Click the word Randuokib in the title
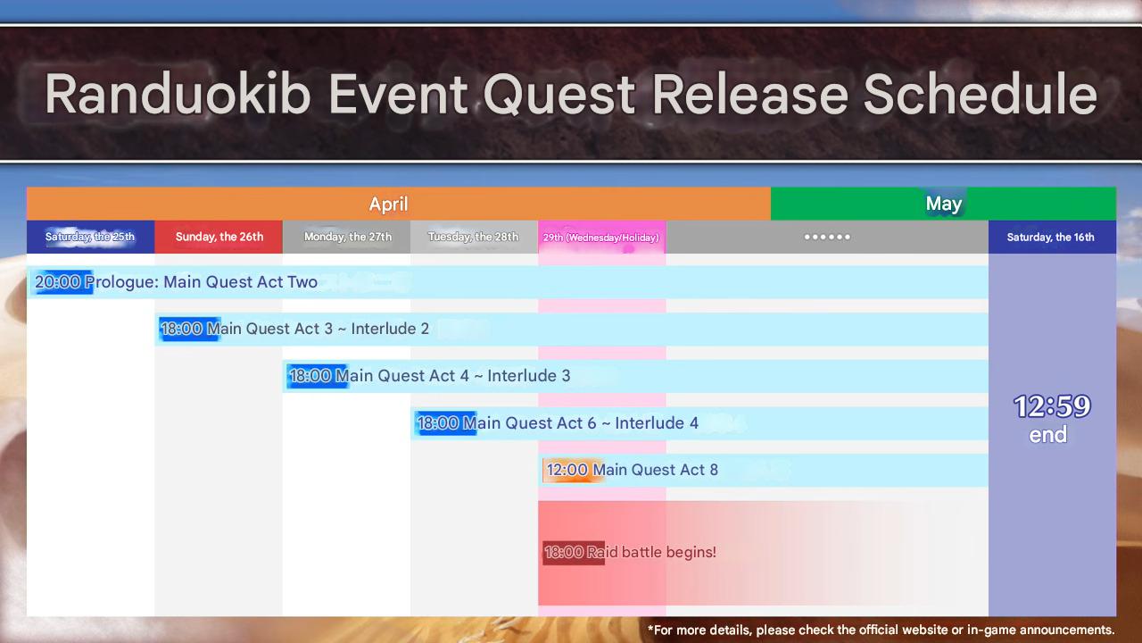(x=178, y=94)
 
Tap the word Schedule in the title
(x=980, y=94)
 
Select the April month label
(x=388, y=205)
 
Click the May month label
(x=944, y=204)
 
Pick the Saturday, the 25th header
(x=90, y=237)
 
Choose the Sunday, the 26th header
(x=219, y=237)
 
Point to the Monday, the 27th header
(x=348, y=237)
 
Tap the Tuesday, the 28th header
(x=473, y=237)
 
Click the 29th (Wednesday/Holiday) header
(x=601, y=238)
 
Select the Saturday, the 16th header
(x=1050, y=237)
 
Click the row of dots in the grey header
(x=827, y=237)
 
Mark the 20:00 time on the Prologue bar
(x=58, y=281)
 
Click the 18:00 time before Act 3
(x=181, y=329)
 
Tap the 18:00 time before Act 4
(x=310, y=376)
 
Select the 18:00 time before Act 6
(x=438, y=423)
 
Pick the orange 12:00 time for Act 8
(x=567, y=470)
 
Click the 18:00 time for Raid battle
(x=564, y=552)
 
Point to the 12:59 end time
(x=1052, y=406)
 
